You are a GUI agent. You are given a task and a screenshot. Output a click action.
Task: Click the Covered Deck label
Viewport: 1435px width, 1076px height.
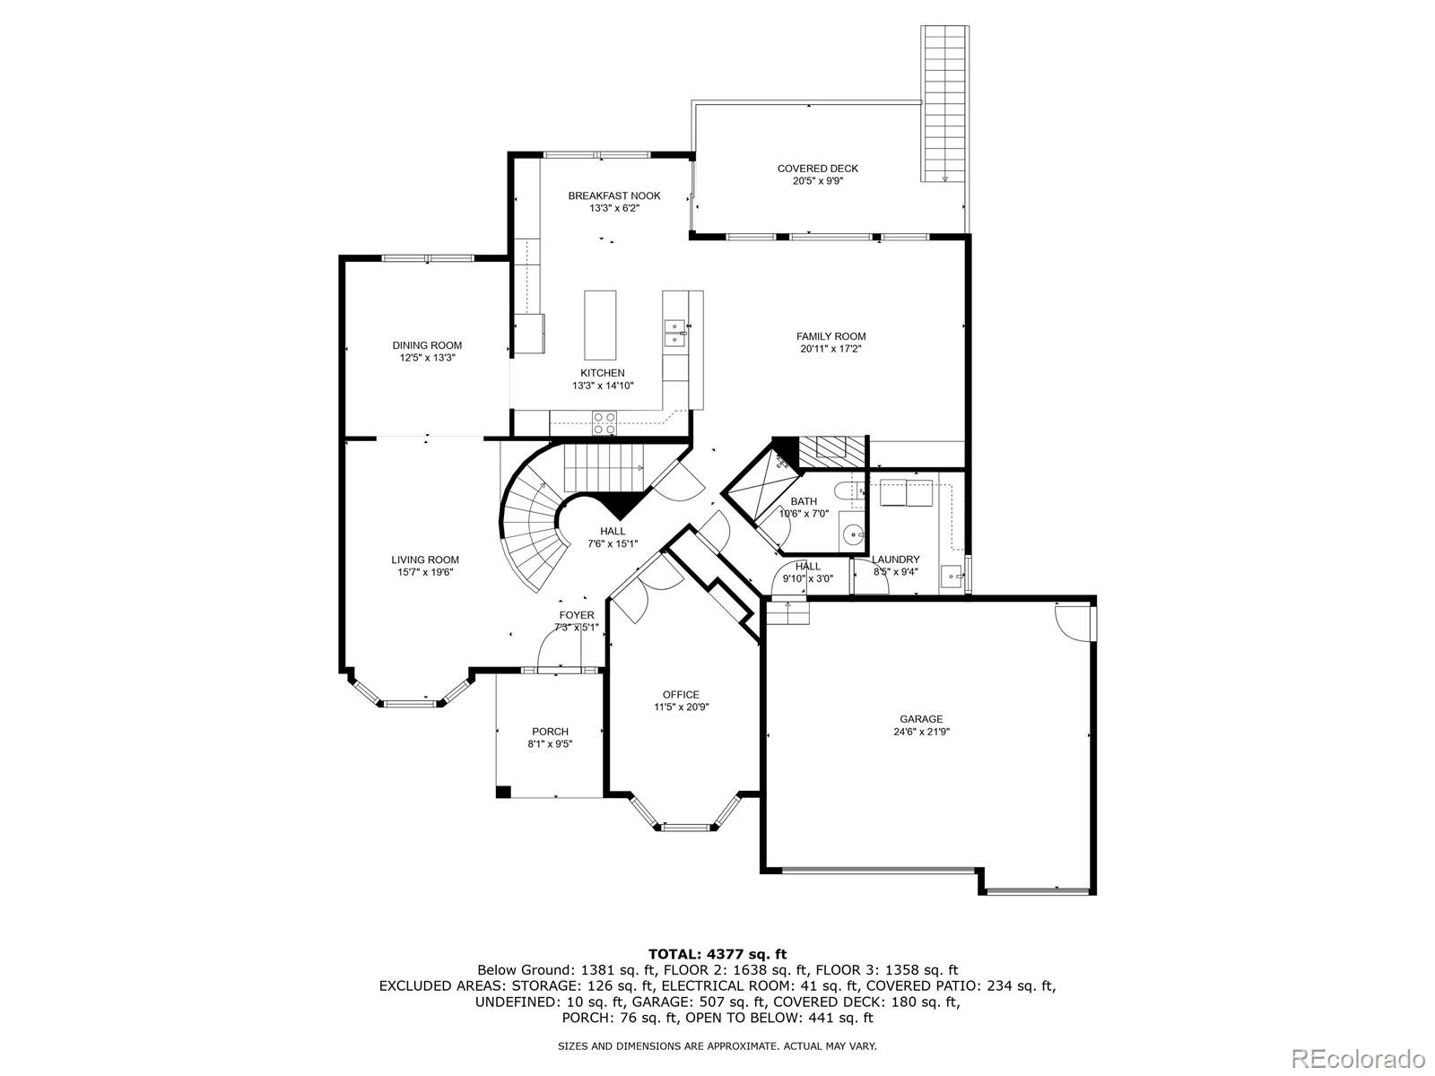(817, 168)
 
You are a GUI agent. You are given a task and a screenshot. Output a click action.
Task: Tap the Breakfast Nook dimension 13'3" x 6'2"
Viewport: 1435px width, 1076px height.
(613, 208)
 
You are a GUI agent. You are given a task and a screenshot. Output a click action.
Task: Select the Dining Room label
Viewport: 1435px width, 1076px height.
(427, 345)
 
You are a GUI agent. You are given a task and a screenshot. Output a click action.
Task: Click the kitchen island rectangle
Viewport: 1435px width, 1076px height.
(600, 325)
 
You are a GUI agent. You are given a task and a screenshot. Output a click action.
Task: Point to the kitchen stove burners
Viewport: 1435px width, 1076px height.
(604, 422)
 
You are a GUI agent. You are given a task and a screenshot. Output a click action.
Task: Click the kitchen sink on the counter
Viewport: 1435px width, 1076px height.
(674, 332)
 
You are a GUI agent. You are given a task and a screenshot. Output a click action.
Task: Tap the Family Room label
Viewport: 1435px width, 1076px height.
(831, 336)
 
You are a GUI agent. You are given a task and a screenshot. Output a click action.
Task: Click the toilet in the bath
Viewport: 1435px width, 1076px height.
(847, 491)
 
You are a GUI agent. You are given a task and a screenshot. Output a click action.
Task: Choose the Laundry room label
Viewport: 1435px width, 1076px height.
(895, 560)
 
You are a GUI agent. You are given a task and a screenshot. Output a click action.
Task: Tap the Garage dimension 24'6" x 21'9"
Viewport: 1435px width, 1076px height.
(921, 732)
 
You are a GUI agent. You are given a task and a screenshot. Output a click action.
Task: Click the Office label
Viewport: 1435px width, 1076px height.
(681, 694)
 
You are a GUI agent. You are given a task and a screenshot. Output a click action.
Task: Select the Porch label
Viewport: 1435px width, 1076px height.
(550, 732)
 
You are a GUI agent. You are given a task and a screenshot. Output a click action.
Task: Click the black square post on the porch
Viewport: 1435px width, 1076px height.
(503, 791)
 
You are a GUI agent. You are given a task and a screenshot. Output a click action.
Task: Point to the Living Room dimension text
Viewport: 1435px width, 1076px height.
(424, 572)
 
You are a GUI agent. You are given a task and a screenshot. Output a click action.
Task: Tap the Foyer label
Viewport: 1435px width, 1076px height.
(576, 615)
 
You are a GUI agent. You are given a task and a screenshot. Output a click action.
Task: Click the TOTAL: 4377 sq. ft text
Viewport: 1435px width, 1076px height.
(717, 954)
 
